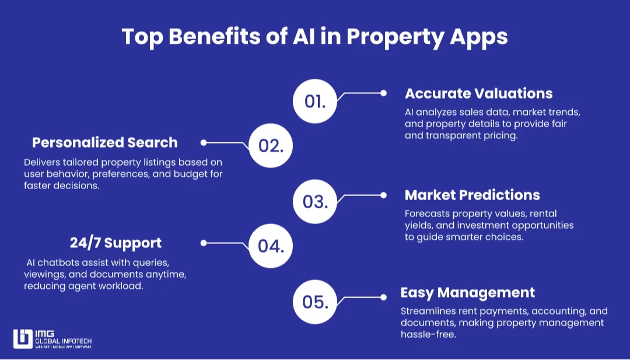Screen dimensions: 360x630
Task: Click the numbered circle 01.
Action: point(315,101)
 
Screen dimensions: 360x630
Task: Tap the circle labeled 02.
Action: point(271,145)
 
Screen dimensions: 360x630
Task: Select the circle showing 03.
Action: point(315,202)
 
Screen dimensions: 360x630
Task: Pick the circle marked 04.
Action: point(271,246)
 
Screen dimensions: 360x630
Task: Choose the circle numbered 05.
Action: point(315,302)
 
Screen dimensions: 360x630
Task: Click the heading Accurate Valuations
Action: point(478,93)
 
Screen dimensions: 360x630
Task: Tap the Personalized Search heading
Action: point(105,142)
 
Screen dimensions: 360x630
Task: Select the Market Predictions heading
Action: point(472,195)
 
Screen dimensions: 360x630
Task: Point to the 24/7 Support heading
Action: point(116,242)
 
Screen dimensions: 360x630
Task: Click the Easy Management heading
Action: point(467,292)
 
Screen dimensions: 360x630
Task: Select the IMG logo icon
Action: point(23,340)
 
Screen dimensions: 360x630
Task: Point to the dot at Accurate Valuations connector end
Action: point(383,93)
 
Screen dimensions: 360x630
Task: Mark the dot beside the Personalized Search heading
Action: point(203,142)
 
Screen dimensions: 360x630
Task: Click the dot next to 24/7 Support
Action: point(203,243)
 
